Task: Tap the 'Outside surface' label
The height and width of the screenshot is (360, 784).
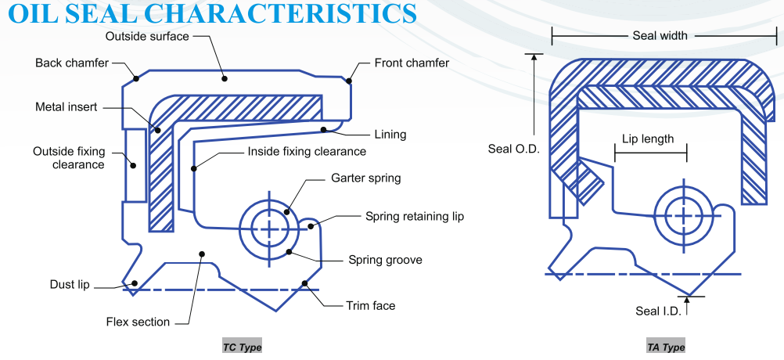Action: (x=146, y=36)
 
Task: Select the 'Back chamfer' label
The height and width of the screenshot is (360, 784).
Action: (x=72, y=63)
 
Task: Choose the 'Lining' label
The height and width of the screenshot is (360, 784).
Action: (x=390, y=134)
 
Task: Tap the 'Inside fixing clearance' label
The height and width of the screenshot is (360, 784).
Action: (x=307, y=151)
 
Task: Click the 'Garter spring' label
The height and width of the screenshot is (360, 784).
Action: (x=366, y=178)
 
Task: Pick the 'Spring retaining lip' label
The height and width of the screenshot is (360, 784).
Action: (x=415, y=216)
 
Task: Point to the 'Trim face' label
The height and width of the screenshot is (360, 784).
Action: (x=371, y=305)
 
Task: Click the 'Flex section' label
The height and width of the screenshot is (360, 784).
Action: (x=138, y=322)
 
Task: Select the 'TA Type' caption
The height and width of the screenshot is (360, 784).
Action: (x=666, y=347)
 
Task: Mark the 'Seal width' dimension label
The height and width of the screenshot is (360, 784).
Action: (x=660, y=36)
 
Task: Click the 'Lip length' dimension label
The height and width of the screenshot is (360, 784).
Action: (x=648, y=139)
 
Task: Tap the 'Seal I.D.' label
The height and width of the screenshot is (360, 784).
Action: (x=658, y=311)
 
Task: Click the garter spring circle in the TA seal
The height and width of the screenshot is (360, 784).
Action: (x=685, y=214)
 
